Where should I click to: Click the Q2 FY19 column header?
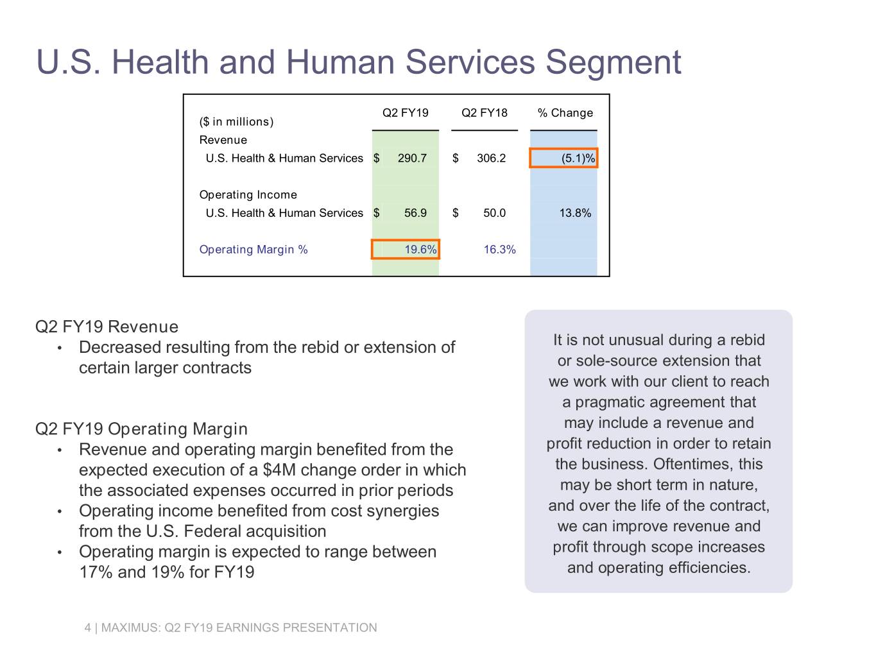point(405,113)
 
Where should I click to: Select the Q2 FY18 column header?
point(484,113)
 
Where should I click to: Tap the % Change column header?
point(565,113)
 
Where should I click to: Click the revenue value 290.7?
point(412,158)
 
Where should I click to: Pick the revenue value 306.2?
point(491,158)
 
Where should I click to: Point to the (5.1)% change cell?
point(563,158)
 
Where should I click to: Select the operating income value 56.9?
point(415,213)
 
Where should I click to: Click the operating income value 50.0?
point(494,213)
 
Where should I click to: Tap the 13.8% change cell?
point(575,213)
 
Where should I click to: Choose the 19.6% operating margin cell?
point(406,250)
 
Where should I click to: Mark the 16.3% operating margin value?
point(499,250)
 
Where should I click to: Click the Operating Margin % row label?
point(253,250)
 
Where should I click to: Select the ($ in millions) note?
point(236,122)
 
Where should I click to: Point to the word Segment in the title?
point(613,62)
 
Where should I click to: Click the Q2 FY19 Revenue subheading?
point(107,327)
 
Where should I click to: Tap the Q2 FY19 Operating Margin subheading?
point(141,429)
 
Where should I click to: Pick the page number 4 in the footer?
point(88,627)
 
